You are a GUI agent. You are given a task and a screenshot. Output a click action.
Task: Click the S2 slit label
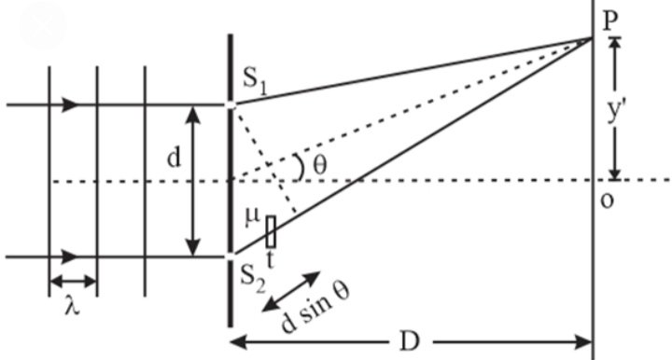[253, 278]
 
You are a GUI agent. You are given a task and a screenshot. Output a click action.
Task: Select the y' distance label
[614, 112]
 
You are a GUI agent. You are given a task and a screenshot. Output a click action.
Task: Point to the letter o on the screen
[607, 201]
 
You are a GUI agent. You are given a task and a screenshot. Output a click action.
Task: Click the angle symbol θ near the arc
[320, 166]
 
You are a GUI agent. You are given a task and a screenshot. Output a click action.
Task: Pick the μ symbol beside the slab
[253, 216]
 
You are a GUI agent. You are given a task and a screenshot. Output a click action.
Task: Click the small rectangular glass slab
[271, 231]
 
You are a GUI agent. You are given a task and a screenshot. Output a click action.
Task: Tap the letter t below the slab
[270, 259]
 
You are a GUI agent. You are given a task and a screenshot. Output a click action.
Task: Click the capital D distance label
[410, 341]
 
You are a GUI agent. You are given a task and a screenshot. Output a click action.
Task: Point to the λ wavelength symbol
[72, 307]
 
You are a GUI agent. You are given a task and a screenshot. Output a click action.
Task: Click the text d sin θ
[315, 307]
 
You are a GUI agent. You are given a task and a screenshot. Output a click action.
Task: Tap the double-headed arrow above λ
[73, 282]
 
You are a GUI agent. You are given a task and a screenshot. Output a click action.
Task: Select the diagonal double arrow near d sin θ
[291, 291]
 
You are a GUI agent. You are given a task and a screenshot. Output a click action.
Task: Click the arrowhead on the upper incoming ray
[70, 104]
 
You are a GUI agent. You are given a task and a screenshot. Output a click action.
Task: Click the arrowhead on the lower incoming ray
[70, 256]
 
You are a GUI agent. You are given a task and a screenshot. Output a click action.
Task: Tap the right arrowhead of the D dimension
[583, 342]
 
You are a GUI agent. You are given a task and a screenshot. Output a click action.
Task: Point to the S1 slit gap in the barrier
[231, 104]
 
